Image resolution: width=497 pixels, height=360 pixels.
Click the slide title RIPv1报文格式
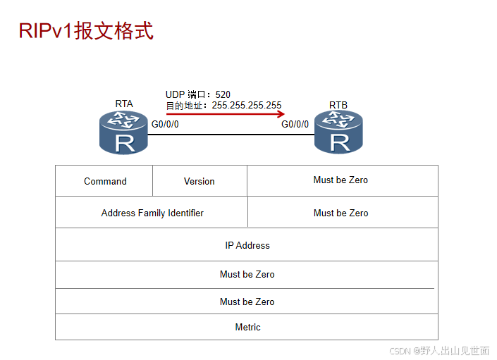click(85, 31)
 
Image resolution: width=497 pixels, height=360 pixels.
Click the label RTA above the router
click(124, 104)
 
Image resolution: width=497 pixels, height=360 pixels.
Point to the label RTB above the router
click(338, 105)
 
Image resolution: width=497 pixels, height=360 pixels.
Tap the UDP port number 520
click(223, 94)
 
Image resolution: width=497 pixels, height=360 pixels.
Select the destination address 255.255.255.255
click(246, 105)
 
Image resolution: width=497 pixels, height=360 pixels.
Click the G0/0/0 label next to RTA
click(166, 125)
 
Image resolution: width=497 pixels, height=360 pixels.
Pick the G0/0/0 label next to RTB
click(295, 125)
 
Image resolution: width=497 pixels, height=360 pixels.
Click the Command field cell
click(105, 181)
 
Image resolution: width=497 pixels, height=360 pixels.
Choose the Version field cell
click(200, 181)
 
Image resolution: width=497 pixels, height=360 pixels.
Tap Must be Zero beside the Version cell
click(340, 180)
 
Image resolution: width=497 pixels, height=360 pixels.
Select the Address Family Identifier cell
click(152, 213)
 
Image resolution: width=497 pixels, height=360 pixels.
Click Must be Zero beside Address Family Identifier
click(340, 213)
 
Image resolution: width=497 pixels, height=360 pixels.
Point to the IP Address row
click(247, 245)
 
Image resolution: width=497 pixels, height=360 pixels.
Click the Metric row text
click(247, 327)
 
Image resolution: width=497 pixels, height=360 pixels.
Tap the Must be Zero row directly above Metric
click(247, 302)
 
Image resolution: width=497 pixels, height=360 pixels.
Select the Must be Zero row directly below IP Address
click(247, 274)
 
